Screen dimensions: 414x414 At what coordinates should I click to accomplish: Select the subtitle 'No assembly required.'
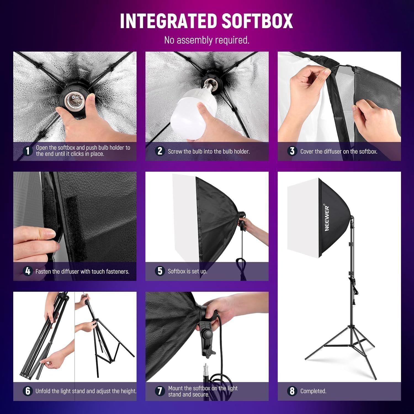(207, 40)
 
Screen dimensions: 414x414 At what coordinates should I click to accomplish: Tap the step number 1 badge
(28, 151)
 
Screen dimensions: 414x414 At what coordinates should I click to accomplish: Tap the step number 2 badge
(160, 151)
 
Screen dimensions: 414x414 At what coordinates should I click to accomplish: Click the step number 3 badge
(292, 151)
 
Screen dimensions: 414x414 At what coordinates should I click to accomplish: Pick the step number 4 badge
(28, 271)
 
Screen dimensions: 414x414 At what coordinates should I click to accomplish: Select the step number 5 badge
(160, 271)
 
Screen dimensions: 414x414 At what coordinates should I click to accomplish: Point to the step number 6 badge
(28, 391)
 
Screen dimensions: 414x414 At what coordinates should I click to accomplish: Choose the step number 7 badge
(160, 391)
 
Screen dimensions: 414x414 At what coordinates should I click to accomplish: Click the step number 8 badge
(292, 391)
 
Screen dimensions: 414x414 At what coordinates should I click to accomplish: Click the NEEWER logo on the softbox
(327, 218)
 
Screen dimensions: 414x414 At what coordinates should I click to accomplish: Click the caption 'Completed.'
(313, 391)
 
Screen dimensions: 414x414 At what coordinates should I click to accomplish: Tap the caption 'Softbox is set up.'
(187, 271)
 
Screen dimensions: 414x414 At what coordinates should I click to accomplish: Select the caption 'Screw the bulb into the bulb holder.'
(209, 151)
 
